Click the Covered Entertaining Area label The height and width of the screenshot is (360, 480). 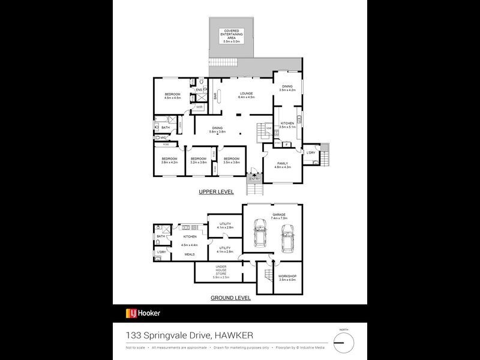[232, 36]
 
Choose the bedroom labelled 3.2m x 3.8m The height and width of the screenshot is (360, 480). [199, 160]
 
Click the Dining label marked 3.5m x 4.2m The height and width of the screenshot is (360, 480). [287, 88]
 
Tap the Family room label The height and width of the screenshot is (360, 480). [282, 165]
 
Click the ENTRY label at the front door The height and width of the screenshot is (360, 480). [255, 178]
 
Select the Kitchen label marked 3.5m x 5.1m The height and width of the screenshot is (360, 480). [287, 125]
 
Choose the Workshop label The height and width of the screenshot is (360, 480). [287, 278]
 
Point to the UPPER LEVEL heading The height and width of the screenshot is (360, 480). [216, 192]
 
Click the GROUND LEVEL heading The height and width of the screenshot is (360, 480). [230, 298]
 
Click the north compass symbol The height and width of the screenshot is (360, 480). [344, 343]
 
